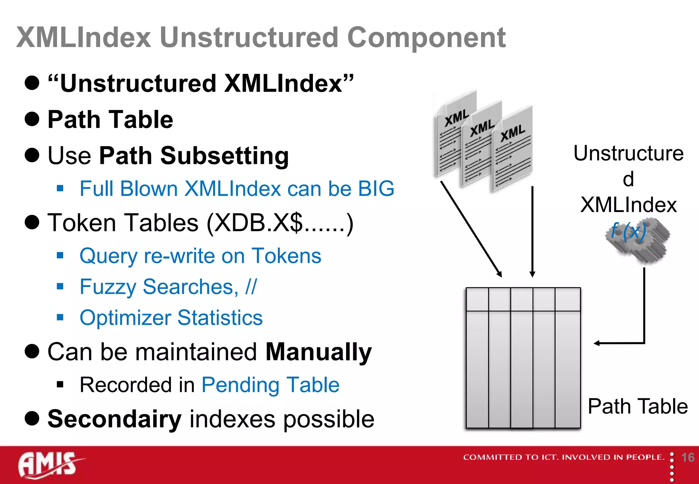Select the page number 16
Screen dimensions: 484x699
pos(687,457)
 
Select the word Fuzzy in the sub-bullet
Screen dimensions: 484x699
pos(108,287)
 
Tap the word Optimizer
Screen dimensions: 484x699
pos(125,318)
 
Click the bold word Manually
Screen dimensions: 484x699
pos(318,352)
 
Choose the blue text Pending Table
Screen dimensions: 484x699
pos(270,385)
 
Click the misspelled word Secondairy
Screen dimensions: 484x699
pos(114,419)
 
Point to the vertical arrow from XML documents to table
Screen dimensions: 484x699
pos(532,232)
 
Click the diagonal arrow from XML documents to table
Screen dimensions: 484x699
pos(471,229)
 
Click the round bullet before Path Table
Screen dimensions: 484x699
pos(32,119)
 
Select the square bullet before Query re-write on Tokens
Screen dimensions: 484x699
pos(60,255)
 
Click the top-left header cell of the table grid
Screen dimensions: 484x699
pos(477,299)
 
